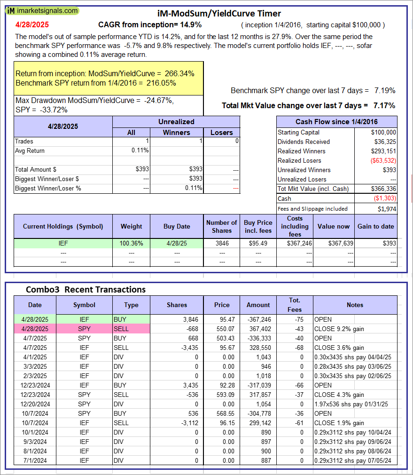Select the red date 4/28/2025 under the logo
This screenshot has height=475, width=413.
tap(31, 24)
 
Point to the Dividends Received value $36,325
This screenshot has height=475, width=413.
tap(384, 142)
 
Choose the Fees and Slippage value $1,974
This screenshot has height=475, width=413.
tap(387, 208)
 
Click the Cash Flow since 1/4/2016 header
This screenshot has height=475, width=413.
tap(336, 122)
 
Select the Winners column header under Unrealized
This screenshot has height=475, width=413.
tap(176, 133)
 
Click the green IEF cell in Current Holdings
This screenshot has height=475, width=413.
tap(63, 243)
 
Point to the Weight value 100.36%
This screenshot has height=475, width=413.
tap(131, 243)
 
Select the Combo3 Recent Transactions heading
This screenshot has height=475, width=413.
tap(86, 289)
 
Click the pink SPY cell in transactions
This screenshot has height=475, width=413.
tap(84, 329)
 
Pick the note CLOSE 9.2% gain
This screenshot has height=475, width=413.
tap(338, 329)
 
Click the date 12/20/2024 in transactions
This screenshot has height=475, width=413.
tap(35, 404)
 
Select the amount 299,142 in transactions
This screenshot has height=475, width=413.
tap(258, 423)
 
